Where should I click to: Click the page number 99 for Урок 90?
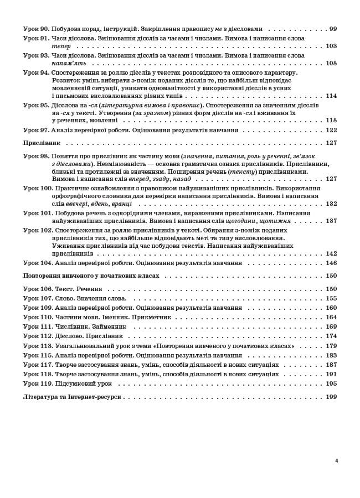333,29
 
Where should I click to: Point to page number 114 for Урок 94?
331,96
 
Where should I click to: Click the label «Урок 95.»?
36,105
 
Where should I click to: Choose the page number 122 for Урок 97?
331,130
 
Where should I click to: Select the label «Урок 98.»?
36,156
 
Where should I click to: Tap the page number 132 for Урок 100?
331,204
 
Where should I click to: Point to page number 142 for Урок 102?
331,253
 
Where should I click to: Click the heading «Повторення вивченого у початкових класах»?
91,276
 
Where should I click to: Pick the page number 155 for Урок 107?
331,298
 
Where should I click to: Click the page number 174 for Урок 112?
331,336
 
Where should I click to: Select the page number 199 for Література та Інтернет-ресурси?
331,397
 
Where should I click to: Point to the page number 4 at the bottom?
336,460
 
